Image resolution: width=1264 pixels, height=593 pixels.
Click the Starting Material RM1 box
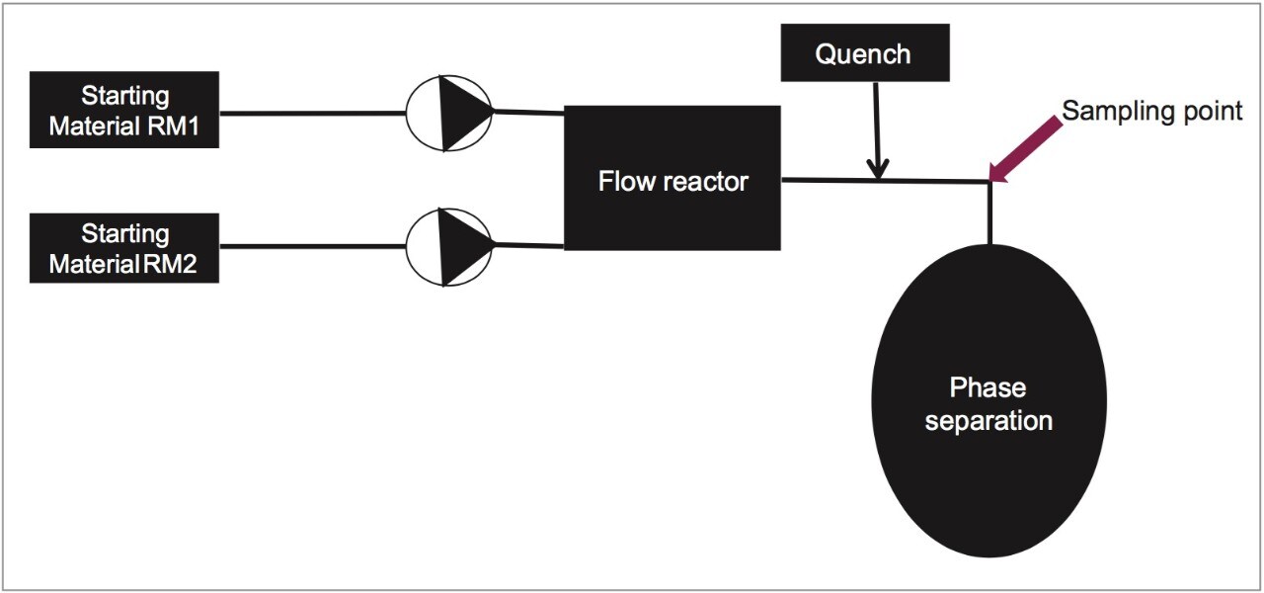point(123,110)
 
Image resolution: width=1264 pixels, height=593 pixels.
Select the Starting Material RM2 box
point(123,247)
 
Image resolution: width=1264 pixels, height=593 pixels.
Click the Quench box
point(864,53)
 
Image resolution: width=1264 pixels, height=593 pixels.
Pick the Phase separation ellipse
point(987,400)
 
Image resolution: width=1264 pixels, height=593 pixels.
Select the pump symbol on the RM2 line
point(449,247)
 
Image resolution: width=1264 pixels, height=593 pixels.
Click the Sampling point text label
point(1151,111)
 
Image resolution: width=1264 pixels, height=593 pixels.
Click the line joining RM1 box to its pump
point(311,112)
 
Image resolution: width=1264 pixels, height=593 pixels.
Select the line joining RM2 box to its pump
point(311,248)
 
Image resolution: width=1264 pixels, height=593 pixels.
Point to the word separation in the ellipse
point(987,420)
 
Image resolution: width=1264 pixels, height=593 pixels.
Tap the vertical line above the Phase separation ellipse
point(987,212)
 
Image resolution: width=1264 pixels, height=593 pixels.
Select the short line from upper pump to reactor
point(528,112)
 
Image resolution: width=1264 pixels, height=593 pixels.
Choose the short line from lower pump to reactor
point(528,244)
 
